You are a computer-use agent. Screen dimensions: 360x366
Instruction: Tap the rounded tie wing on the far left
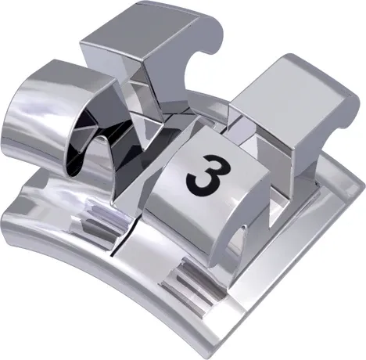[39, 117]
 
